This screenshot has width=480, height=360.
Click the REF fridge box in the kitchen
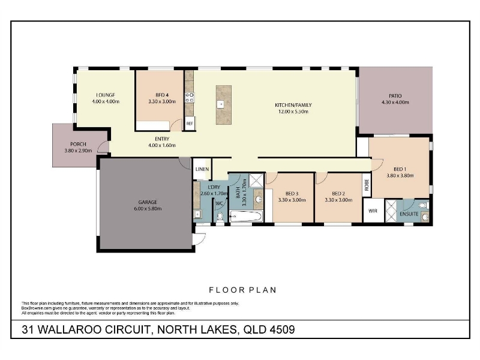190,124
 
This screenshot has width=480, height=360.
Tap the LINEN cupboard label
202,169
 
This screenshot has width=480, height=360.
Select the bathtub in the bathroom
247,217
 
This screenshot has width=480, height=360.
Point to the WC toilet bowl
220,217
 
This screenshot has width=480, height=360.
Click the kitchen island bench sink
220,104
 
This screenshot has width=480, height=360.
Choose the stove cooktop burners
190,97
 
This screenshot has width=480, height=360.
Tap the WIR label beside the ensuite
373,211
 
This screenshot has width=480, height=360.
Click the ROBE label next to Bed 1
367,185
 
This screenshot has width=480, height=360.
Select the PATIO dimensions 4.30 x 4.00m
395,102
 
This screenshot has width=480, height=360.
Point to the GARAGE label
148,202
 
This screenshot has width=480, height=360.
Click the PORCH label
78,144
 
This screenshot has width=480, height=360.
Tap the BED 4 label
162,95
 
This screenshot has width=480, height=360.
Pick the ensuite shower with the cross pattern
391,211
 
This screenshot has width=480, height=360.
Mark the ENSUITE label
409,214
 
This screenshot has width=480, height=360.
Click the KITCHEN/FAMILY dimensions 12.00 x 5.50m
293,112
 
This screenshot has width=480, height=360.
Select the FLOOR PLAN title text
243,290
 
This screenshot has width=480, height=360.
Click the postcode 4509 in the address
282,329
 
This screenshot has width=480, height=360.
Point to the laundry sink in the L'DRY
198,214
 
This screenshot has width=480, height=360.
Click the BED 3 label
292,193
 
